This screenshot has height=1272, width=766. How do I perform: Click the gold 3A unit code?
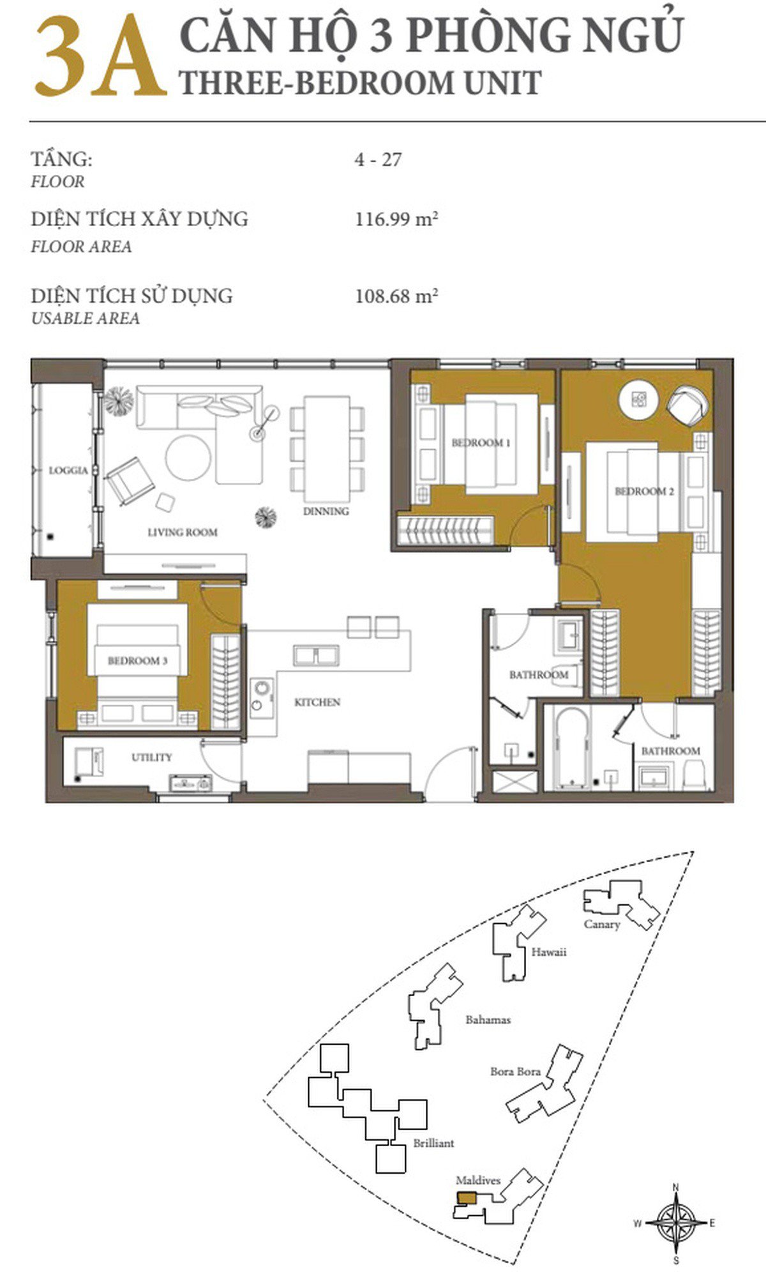(x=100, y=57)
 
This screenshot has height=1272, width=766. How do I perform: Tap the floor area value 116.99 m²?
(x=396, y=220)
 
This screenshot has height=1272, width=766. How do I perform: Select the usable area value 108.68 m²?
(x=396, y=296)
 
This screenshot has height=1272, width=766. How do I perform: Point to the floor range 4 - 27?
(x=379, y=159)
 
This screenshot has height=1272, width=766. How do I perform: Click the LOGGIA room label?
(x=68, y=471)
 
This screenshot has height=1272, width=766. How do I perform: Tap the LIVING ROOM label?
(x=183, y=532)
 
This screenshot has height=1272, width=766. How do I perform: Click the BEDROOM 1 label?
(x=481, y=443)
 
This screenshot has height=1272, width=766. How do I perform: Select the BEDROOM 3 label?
(x=137, y=660)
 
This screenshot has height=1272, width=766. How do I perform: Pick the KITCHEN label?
(x=317, y=702)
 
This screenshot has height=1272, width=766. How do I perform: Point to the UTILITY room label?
(x=152, y=757)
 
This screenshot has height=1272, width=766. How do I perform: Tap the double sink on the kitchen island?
(x=316, y=656)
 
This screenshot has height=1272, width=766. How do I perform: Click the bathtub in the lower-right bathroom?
(x=571, y=748)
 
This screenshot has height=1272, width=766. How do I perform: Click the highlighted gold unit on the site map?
(x=466, y=1199)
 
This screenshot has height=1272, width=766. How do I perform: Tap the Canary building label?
(x=602, y=924)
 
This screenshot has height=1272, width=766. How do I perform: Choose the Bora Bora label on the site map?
(x=515, y=1071)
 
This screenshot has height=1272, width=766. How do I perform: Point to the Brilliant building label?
(x=433, y=1143)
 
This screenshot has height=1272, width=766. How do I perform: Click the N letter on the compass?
(x=676, y=1186)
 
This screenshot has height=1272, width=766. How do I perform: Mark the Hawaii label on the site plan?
(x=549, y=952)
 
